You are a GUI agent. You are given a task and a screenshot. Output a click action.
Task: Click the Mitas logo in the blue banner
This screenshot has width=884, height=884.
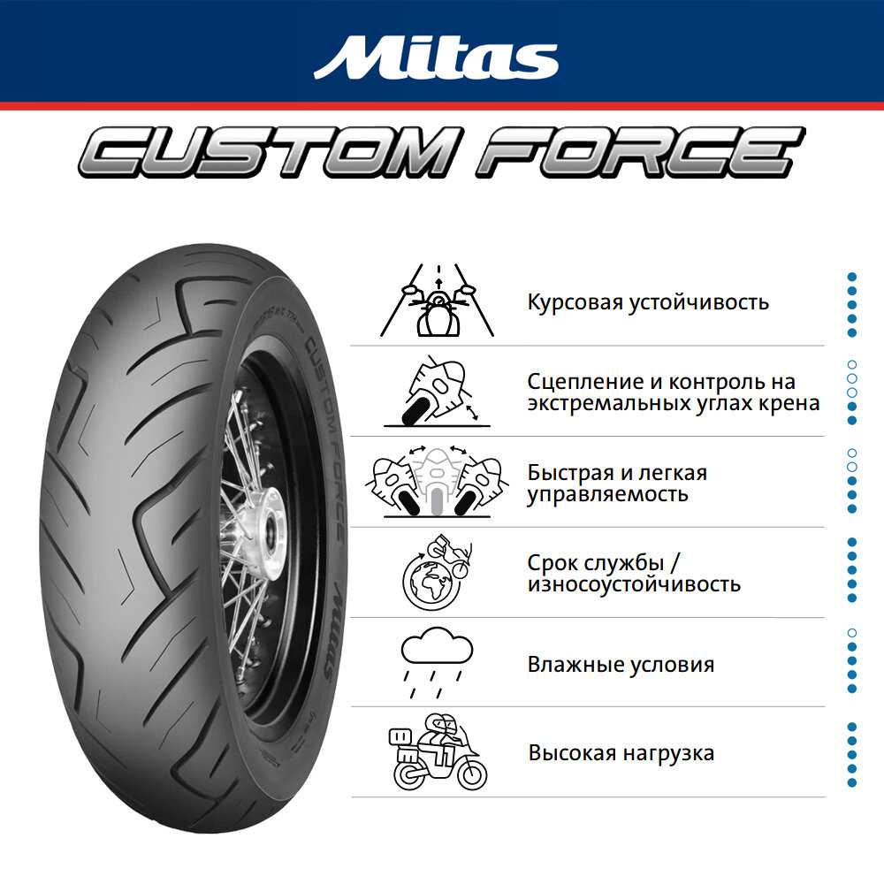(436, 57)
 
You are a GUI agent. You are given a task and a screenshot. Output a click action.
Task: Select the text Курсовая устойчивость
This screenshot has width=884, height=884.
(648, 302)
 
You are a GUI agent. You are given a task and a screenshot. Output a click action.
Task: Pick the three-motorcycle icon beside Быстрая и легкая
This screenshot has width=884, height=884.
(438, 482)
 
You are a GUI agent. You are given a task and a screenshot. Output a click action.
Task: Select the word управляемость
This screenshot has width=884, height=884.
(607, 493)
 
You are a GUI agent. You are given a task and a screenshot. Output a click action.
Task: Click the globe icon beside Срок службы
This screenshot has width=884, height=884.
(427, 581)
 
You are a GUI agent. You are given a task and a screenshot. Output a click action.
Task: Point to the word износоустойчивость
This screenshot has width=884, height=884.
(634, 584)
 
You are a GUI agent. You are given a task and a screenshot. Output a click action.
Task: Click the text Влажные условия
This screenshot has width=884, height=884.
(621, 664)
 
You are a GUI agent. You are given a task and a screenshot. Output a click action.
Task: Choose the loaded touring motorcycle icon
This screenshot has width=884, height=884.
(438, 752)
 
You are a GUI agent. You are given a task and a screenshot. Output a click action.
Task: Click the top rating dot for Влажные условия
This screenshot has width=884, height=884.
(852, 633)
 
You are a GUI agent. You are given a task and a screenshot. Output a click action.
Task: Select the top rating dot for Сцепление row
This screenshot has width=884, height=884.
(852, 364)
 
